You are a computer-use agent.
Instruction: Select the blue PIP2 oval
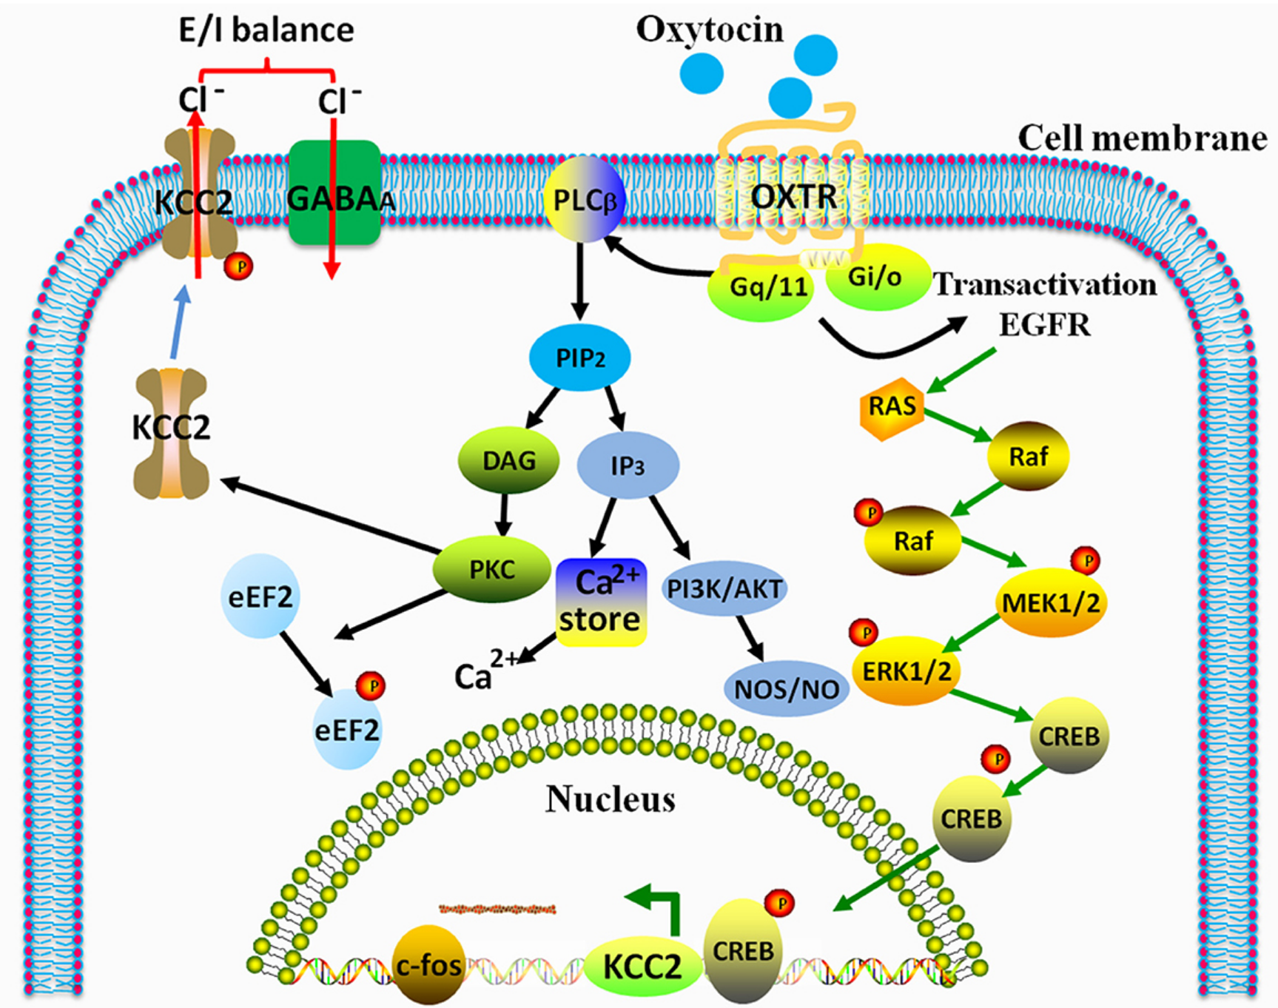579,358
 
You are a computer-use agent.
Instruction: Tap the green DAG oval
509,460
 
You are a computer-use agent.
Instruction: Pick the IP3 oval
628,466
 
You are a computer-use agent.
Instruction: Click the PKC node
492,569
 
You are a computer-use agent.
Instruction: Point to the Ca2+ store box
600,602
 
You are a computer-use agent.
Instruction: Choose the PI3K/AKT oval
724,588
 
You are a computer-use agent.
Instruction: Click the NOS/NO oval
786,689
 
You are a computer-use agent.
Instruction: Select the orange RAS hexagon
892,406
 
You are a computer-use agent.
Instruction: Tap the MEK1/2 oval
1050,603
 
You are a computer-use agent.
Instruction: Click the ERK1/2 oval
907,671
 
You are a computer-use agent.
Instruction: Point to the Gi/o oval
876,278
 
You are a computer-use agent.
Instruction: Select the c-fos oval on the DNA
429,964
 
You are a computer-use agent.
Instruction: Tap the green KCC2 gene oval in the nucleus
642,966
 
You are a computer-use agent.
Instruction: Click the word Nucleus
611,799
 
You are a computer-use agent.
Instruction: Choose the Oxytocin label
709,30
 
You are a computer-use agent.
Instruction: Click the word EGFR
1044,324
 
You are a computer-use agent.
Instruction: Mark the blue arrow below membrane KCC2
178,323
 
